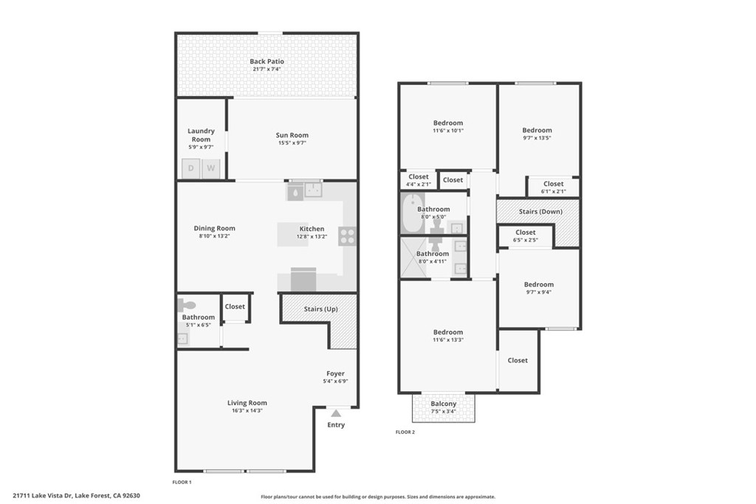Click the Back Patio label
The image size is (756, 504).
tap(267, 62)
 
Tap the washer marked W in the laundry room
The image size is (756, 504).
tap(211, 169)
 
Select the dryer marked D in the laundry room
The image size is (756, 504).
tap(191, 169)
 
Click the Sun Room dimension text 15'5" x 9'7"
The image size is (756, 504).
tap(292, 143)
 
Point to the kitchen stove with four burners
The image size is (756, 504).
tap(347, 236)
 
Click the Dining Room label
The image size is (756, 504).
tap(214, 229)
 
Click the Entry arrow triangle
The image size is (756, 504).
tap(336, 413)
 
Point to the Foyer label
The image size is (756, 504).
tap(335, 374)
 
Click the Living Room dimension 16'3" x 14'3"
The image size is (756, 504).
tap(247, 410)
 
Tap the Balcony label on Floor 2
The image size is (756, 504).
tap(444, 404)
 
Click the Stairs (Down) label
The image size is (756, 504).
tap(540, 212)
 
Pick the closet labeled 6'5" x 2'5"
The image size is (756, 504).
tap(526, 235)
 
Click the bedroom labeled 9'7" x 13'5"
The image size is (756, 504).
tap(537, 134)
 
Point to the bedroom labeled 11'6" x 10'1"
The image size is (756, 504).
tap(447, 126)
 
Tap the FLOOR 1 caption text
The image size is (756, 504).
tap(182, 482)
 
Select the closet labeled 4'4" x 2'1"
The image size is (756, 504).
tap(419, 179)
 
